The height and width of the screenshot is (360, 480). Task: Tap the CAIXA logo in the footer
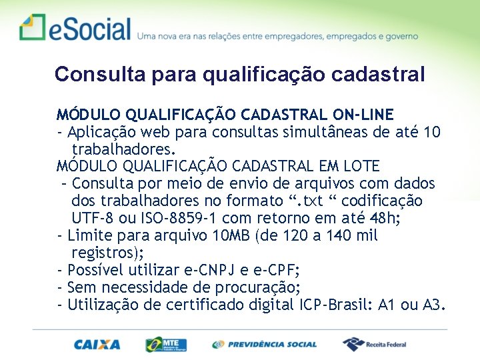pos(97,345)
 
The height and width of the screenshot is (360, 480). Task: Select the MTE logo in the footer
pos(166,345)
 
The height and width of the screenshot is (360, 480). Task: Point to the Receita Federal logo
pos(374,345)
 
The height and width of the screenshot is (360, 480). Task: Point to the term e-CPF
pos(275,270)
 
